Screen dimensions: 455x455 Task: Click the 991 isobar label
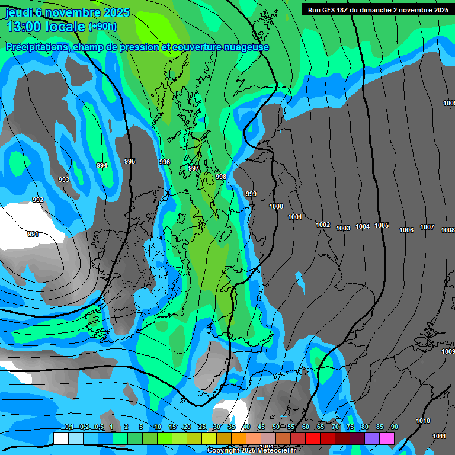pos(33,235)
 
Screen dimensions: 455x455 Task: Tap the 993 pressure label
pos(64,180)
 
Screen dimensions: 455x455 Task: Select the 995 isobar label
pos(130,161)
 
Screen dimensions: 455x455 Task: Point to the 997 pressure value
pos(194,169)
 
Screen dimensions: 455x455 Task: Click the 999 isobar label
pos(251,194)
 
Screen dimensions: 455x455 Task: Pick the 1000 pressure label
pos(276,206)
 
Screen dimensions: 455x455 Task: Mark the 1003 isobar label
pos(343,229)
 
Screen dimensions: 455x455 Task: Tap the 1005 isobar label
pos(382,225)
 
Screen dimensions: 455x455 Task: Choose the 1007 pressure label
pos(427,227)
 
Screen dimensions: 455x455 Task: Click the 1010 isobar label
pos(423,421)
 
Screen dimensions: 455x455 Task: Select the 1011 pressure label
pos(439,436)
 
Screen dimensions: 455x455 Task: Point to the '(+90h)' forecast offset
pos(102,27)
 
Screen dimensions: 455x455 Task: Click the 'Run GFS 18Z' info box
pos(377,9)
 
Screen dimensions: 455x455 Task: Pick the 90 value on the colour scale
pos(394,427)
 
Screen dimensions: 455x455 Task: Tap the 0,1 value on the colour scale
pos(69,427)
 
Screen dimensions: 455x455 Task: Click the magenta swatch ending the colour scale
pos(387,438)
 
